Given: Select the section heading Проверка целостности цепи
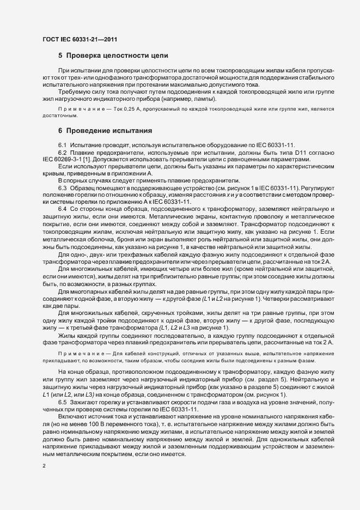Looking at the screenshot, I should click(x=117, y=56).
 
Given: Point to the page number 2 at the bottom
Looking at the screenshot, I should click(x=43, y=466).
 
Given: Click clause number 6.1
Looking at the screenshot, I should click(x=63, y=144).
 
